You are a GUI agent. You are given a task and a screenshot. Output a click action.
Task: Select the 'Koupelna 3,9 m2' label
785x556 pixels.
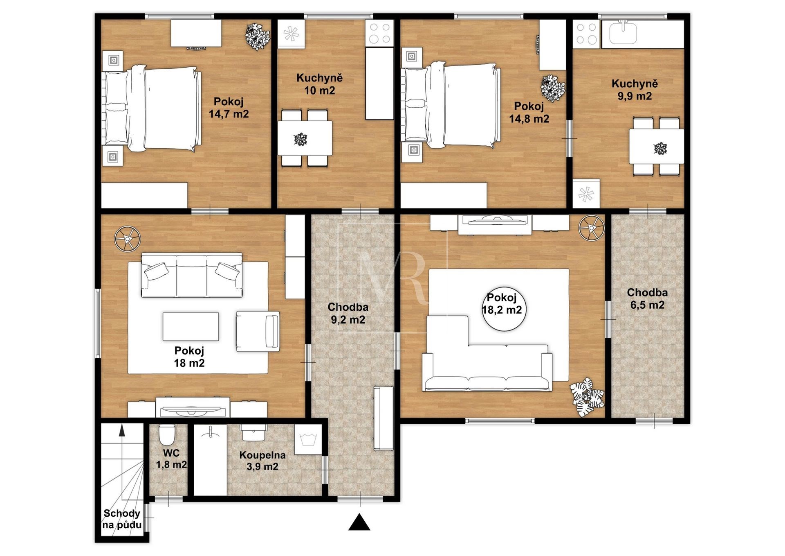click(x=262, y=461)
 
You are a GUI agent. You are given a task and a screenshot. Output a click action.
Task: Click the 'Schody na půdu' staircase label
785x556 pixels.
click(x=122, y=519)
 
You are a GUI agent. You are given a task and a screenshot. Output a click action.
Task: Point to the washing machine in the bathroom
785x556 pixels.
click(x=308, y=439)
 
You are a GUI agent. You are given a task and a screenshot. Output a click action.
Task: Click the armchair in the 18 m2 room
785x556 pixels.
click(x=258, y=331)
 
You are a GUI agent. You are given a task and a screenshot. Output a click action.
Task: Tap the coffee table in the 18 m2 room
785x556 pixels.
click(x=191, y=327)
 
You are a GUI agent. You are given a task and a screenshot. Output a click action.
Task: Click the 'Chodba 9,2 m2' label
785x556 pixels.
click(x=348, y=313)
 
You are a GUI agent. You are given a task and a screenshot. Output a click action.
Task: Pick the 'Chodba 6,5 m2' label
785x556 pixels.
click(x=647, y=298)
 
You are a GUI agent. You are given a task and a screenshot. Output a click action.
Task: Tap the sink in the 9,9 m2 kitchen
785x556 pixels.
click(x=623, y=33)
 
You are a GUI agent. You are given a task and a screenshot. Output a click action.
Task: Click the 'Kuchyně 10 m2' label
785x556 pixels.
click(x=319, y=84)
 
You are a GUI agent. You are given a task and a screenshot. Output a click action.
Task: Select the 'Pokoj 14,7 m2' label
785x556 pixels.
click(x=229, y=108)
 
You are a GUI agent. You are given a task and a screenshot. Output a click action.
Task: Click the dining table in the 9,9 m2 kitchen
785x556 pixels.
click(x=657, y=147)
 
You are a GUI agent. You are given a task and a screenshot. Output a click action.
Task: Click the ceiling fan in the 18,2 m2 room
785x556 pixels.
click(x=592, y=228)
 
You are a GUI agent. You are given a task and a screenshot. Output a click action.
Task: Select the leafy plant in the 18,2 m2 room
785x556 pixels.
click(x=588, y=397)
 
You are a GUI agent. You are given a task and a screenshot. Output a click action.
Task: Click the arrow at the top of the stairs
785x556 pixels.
click(x=121, y=431)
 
